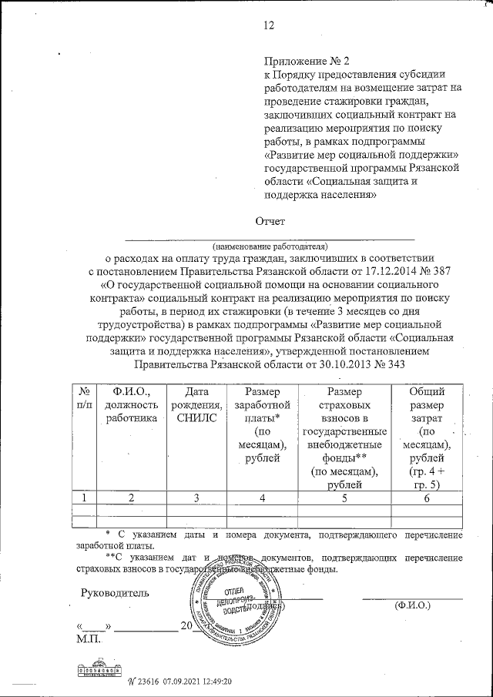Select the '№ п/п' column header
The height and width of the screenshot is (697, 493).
[x=85, y=398]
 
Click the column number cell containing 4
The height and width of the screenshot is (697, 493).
[x=262, y=498]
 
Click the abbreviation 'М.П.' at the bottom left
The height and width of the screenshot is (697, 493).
[x=90, y=638]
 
